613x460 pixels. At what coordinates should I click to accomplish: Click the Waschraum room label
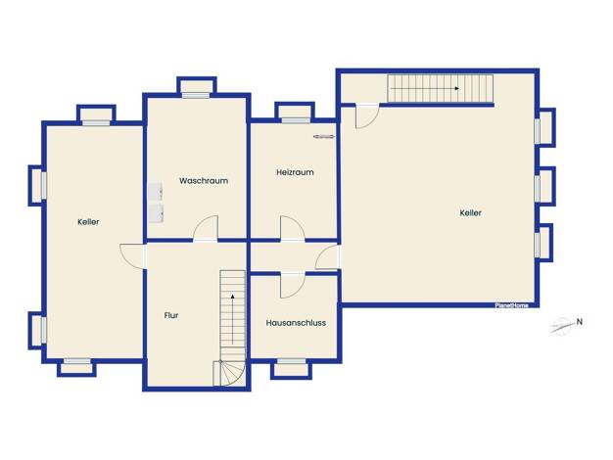[204, 181]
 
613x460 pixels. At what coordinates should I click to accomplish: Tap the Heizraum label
[295, 172]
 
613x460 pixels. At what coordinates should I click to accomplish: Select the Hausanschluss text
[296, 323]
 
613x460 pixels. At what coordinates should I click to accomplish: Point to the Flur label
[171, 315]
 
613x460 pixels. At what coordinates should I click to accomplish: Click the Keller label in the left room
[88, 222]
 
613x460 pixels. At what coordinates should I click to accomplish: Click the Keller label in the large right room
[471, 213]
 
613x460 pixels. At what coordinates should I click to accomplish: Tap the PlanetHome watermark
[512, 305]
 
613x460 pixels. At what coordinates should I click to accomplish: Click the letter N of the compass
[580, 322]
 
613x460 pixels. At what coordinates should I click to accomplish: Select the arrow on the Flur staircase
[233, 319]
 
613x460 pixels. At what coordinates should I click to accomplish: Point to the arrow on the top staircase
[425, 89]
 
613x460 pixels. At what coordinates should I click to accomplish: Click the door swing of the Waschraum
[206, 228]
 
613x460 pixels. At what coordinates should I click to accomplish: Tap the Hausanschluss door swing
[292, 286]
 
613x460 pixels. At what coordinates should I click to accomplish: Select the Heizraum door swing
[292, 228]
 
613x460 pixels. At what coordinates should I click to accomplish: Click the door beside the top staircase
[367, 116]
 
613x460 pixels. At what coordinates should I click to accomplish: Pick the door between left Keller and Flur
[132, 256]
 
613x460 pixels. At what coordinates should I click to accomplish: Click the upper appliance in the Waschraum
[155, 192]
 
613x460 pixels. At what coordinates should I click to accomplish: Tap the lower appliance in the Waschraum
[155, 213]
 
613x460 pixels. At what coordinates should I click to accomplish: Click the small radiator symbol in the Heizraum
[324, 136]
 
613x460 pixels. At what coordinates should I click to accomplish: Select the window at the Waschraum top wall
[196, 95]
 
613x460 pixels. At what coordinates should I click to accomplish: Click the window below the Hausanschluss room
[291, 361]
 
